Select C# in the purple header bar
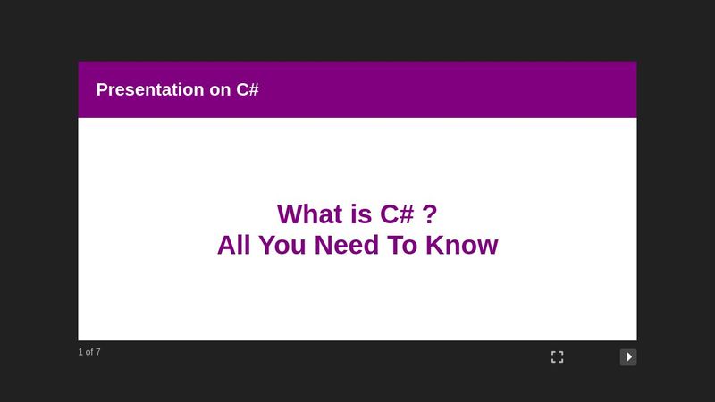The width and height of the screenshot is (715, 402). coord(248,89)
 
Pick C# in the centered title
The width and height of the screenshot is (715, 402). coord(397,214)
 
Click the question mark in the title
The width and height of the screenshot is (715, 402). coord(430,214)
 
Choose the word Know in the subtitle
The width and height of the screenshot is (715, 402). coord(462,245)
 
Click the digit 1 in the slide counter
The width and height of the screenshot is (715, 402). coord(80,352)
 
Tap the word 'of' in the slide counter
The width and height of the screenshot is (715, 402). coord(88,352)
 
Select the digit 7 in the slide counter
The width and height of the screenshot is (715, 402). coord(97,352)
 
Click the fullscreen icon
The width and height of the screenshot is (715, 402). coord(557,357)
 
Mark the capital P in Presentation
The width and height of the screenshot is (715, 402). coord(102,89)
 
